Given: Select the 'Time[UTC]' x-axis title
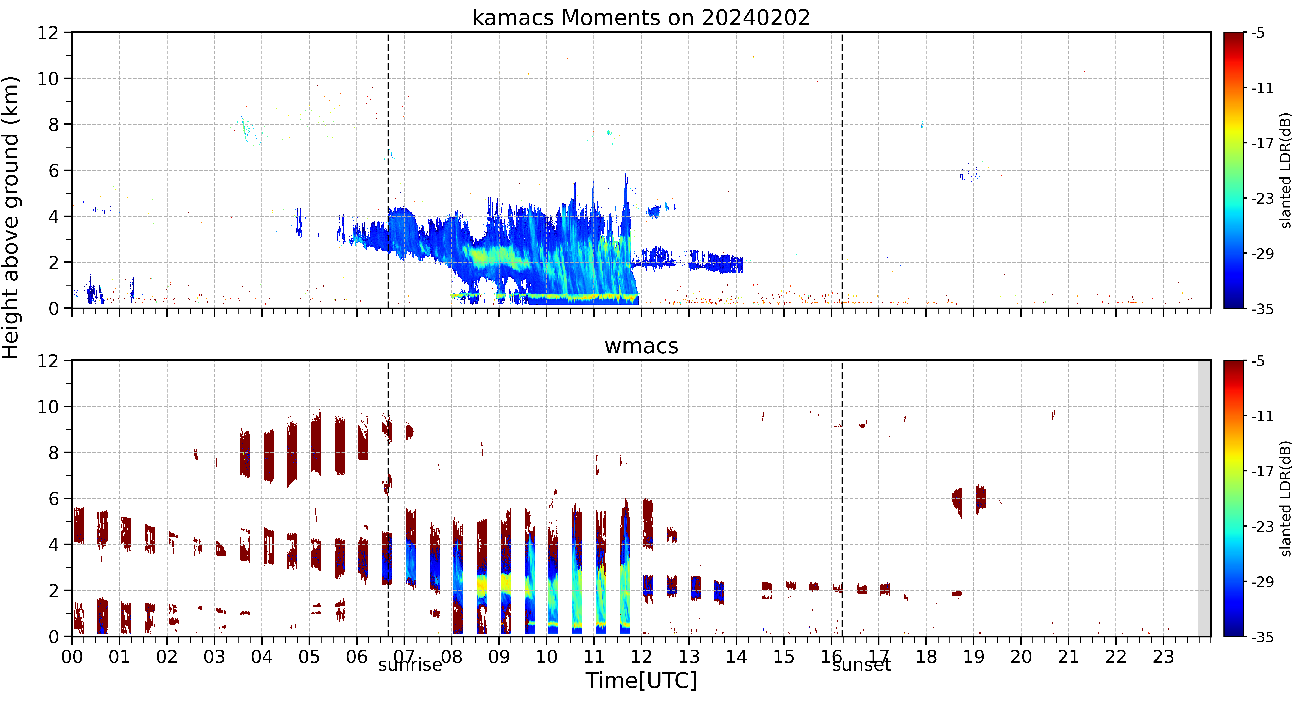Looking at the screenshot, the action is [641, 681].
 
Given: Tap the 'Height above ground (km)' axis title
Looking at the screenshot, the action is [11, 217].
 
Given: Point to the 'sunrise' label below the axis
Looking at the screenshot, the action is [410, 665].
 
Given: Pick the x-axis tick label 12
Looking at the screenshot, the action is [641, 657].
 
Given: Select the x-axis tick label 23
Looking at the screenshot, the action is [1163, 657].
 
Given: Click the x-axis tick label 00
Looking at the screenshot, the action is [72, 657].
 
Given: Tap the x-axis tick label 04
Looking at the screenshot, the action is [262, 657].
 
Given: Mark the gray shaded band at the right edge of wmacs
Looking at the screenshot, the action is [1205, 498].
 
